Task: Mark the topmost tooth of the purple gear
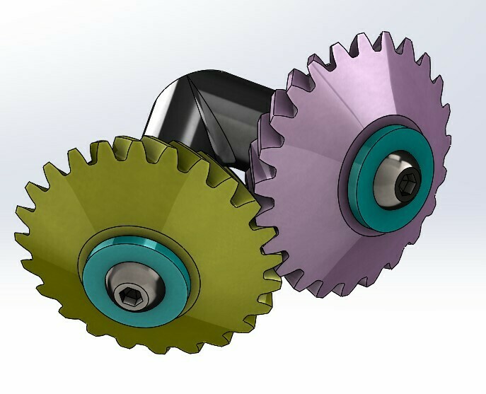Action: coord(386,38)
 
